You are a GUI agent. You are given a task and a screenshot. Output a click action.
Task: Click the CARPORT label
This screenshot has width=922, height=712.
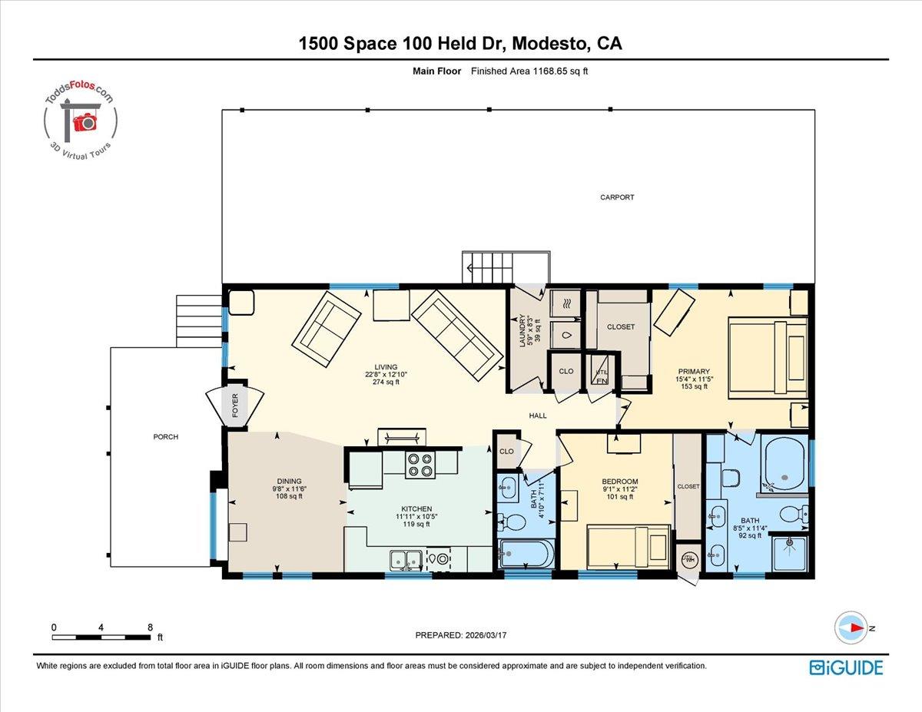pyautogui.click(x=617, y=197)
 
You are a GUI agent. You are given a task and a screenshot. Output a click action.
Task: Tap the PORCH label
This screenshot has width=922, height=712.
pyautogui.click(x=165, y=437)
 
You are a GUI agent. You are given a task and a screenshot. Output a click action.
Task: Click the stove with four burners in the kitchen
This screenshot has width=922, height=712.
pyautogui.click(x=420, y=465)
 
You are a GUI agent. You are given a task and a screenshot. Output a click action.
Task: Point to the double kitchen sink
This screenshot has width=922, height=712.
pyautogui.click(x=404, y=559)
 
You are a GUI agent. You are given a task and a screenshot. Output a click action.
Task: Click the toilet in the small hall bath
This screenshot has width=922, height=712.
pyautogui.click(x=513, y=523)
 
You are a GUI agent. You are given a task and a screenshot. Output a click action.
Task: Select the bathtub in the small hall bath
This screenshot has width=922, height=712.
pyautogui.click(x=526, y=553)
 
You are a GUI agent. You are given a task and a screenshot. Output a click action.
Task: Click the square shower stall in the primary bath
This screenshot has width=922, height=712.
pyautogui.click(x=789, y=553)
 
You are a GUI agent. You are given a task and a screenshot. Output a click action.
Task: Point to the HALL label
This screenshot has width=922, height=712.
pyautogui.click(x=538, y=416)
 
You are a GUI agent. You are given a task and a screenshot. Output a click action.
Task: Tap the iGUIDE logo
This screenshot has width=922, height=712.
pyautogui.click(x=846, y=667)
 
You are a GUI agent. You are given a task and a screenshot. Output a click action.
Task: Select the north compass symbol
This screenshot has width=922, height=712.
pyautogui.click(x=851, y=628)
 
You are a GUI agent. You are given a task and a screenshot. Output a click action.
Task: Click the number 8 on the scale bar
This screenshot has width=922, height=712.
pyautogui.click(x=149, y=627)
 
